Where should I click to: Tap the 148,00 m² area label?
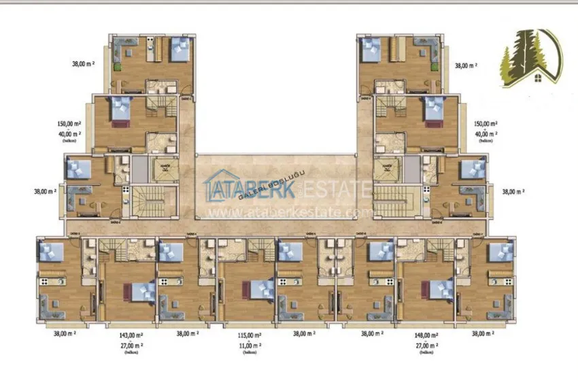click(x=427, y=335)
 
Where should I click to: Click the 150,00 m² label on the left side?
click(x=70, y=124)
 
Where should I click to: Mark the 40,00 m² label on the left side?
click(x=70, y=134)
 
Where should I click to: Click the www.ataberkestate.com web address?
click(x=282, y=212)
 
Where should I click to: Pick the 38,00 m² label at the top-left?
click(x=84, y=65)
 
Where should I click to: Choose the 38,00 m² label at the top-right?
click(x=466, y=65)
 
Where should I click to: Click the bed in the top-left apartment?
click(x=180, y=48)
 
